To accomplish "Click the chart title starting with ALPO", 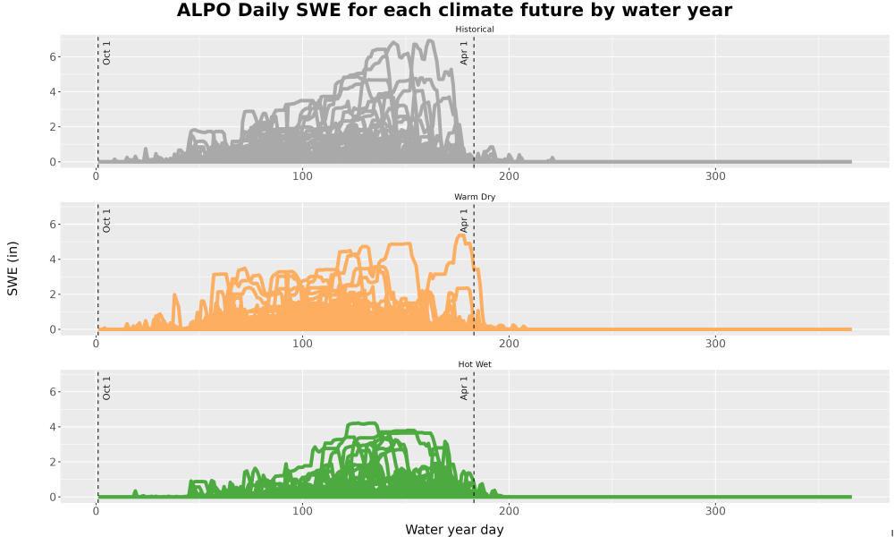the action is [x=454, y=10].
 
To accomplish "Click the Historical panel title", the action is [x=475, y=30].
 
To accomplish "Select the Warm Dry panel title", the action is [x=475, y=197].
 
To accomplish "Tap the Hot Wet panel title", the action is [x=475, y=364].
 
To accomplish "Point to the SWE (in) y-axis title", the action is [x=13, y=268].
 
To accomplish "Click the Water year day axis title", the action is [x=454, y=530].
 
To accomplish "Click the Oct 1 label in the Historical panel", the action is [x=106, y=53].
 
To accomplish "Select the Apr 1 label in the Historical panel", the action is [x=464, y=53].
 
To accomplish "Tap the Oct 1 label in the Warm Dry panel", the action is [x=106, y=220].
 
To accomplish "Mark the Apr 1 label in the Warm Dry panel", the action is [x=464, y=220].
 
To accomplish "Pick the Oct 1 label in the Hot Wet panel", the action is [x=106, y=388].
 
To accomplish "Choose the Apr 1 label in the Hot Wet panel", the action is [x=464, y=388].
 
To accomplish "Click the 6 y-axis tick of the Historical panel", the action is [x=53, y=57].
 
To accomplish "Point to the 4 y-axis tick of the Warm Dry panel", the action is [x=53, y=260].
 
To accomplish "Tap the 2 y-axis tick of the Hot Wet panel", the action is [x=53, y=462].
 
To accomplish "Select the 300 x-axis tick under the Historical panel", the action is [x=715, y=176].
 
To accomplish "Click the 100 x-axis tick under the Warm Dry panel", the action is [x=302, y=344].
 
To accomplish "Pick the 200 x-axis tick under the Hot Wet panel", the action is [x=509, y=511].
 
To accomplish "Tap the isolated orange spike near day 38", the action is [x=175, y=295].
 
